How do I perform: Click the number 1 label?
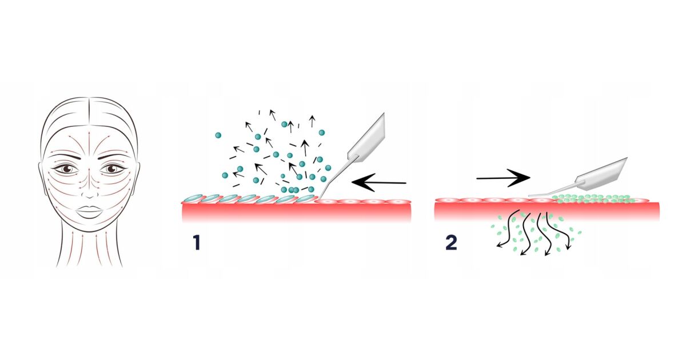tap(196, 243)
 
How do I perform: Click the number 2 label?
tap(451, 242)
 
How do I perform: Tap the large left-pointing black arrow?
tap(378, 183)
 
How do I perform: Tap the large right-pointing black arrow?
tap(503, 178)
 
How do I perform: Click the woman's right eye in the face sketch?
tap(68, 169)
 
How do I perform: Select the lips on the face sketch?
tap(89, 211)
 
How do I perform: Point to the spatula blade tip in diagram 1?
tap(320, 198)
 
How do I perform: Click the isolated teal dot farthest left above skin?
tap(218, 135)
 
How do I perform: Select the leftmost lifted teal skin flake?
tap(193, 198)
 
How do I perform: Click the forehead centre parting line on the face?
tap(89, 114)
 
